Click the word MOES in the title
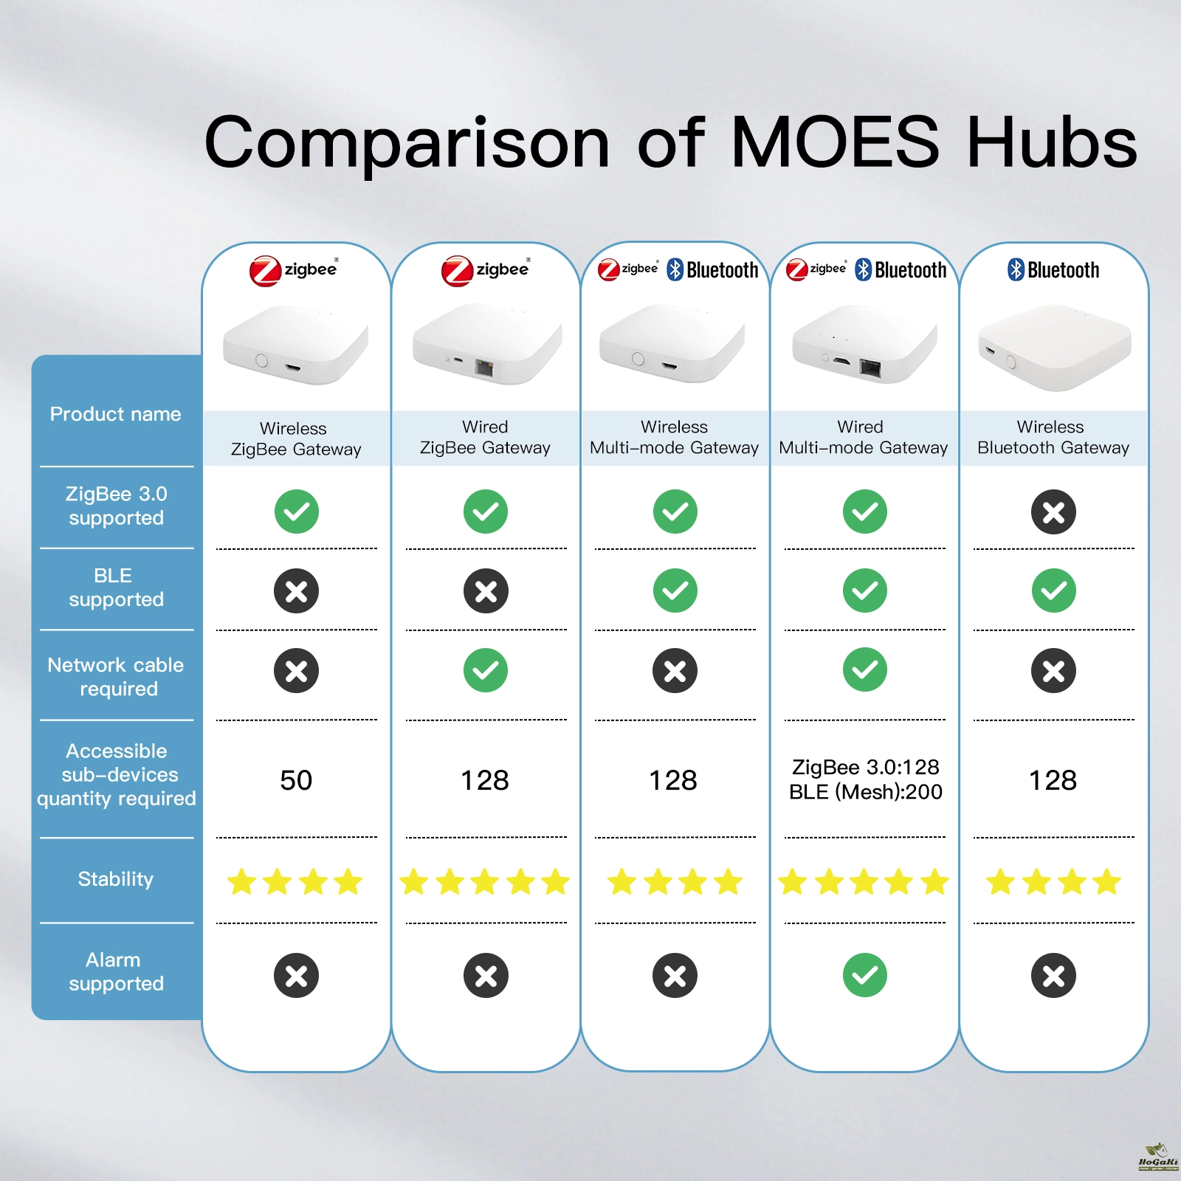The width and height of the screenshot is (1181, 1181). point(835,142)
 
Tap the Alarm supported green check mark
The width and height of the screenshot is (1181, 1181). point(864,975)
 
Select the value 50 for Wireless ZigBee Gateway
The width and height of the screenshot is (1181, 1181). point(296,780)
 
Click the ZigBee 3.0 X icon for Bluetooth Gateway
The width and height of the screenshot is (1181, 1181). point(1053,512)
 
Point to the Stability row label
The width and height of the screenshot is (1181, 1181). point(116,879)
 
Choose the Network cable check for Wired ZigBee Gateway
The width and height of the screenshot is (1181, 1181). point(486,670)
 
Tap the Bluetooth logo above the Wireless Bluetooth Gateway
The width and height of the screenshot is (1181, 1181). point(1053,270)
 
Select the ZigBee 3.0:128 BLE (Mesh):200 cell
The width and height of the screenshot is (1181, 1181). point(865,779)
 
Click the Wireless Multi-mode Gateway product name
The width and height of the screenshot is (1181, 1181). point(674,437)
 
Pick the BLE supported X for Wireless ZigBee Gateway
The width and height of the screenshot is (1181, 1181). point(296,590)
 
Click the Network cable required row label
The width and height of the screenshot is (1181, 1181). point(116,677)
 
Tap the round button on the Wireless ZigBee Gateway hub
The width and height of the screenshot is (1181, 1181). point(261,360)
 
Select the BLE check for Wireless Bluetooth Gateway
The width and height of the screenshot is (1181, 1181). point(1053,590)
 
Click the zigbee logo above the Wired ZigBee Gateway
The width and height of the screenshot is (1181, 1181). point(486,270)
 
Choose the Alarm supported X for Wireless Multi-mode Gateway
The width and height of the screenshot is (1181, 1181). point(675,975)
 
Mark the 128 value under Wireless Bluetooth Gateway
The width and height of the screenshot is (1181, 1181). point(1053,780)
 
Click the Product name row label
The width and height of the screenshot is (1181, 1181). point(116,414)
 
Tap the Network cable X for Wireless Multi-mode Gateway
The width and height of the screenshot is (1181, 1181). point(675,670)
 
